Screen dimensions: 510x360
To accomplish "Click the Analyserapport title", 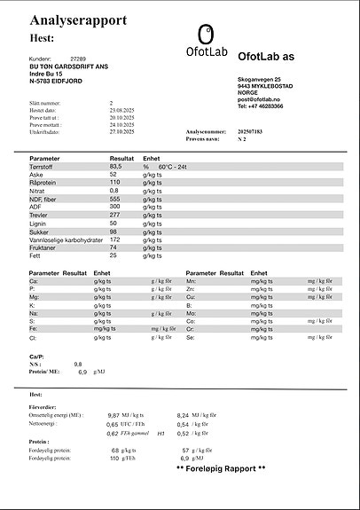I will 78,20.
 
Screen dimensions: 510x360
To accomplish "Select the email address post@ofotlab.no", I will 260,99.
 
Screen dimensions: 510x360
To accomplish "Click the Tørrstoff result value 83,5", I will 115,166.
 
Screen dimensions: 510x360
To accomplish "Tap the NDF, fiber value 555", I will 115,199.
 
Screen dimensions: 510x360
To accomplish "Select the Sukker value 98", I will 113,231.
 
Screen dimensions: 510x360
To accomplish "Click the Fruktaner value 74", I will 113,247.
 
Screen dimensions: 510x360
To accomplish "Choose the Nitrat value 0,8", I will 114,191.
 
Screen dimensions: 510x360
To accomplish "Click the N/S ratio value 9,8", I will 78,365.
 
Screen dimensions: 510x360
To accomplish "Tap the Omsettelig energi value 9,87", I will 113,414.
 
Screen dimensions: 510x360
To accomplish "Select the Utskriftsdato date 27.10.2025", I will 121,131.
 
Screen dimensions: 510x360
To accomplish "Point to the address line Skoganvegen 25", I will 260,80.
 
